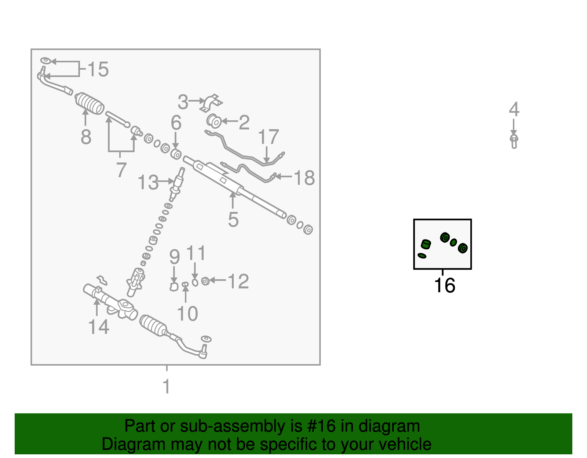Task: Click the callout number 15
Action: pos(98,69)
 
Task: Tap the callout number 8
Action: pos(86,137)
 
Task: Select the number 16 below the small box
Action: pos(445,285)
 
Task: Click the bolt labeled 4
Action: pos(514,142)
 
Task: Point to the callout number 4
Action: pos(514,109)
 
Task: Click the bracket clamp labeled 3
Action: pos(211,103)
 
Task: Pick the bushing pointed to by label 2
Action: pos(214,121)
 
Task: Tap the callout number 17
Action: pos(269,137)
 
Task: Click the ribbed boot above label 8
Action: pos(90,104)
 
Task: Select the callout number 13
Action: pos(148,182)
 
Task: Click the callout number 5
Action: pos(233,219)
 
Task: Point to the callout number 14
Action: pos(99,327)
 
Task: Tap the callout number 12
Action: pos(238,281)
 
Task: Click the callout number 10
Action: pos(187,314)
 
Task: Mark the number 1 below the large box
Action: pos(167,386)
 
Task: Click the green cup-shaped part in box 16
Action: pos(426,244)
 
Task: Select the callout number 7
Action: pos(121,170)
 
